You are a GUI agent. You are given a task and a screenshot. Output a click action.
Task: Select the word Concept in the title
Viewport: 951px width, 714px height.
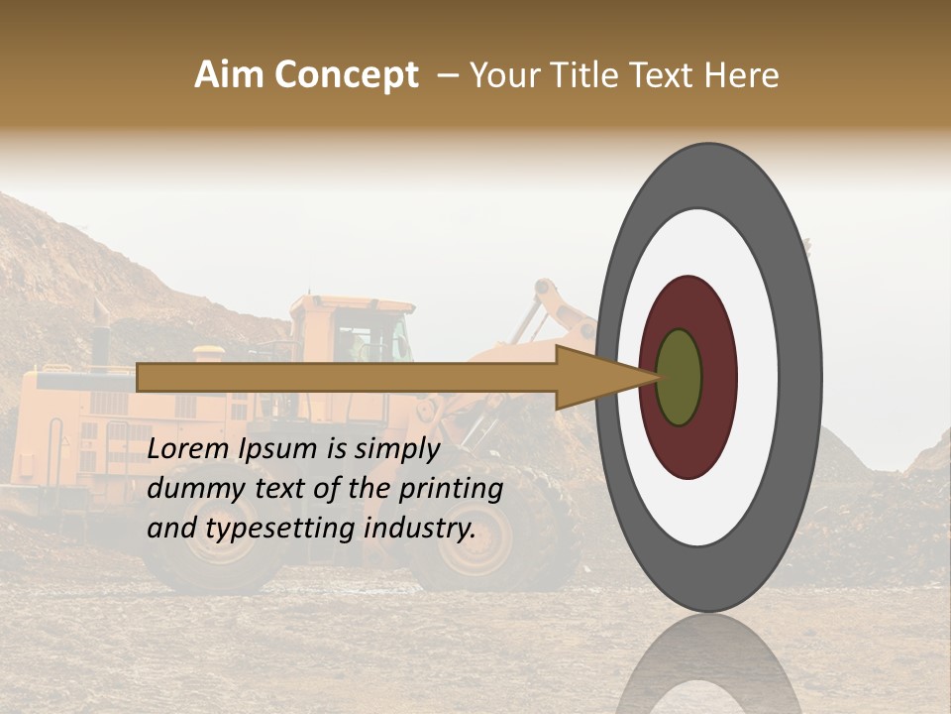coord(346,75)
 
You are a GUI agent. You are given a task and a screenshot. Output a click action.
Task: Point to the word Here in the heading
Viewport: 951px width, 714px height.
coord(743,75)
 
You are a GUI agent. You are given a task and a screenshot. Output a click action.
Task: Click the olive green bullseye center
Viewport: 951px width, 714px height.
coord(680,377)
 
